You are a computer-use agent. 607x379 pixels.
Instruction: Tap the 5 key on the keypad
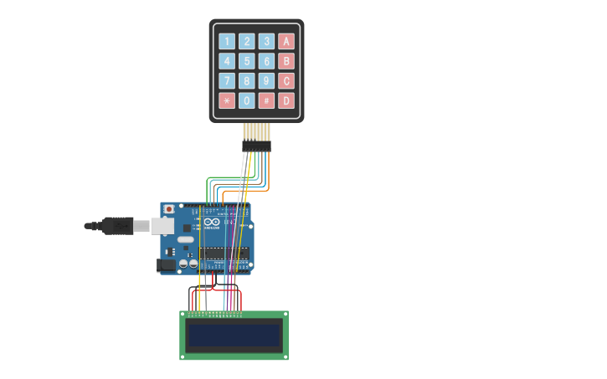click(x=246, y=61)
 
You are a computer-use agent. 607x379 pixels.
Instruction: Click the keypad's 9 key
click(x=266, y=81)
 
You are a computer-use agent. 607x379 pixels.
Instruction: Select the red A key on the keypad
click(x=286, y=41)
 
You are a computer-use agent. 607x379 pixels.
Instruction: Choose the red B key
click(x=286, y=61)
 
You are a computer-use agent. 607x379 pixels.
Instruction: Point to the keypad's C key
click(x=286, y=81)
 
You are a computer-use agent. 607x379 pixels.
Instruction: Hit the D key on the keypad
click(x=286, y=101)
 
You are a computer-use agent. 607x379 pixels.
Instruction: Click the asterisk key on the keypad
click(x=226, y=101)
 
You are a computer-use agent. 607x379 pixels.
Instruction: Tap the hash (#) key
click(x=266, y=101)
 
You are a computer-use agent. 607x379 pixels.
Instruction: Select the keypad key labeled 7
click(x=226, y=81)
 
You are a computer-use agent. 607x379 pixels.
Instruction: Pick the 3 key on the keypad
click(x=266, y=41)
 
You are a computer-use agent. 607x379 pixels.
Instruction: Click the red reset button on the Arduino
click(x=169, y=208)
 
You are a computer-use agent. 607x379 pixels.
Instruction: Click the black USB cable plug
click(x=117, y=226)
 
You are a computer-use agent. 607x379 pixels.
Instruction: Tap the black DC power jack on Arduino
click(x=167, y=265)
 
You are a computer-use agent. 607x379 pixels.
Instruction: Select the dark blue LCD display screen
click(x=234, y=335)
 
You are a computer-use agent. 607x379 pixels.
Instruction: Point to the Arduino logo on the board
click(x=210, y=223)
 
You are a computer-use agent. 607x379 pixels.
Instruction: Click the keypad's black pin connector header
click(x=257, y=146)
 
